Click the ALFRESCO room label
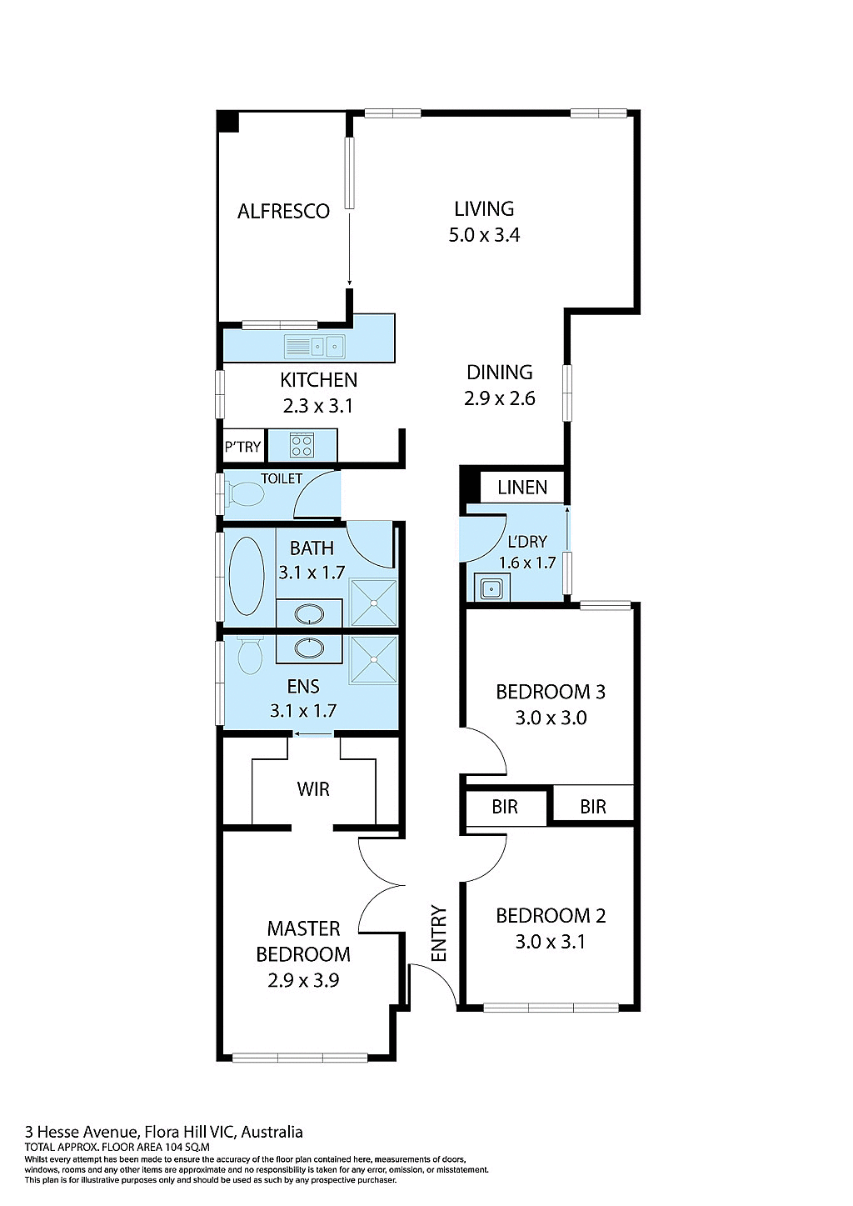point(283,212)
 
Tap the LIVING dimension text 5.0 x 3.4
point(484,235)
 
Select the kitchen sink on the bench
point(314,346)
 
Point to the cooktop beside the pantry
point(302,445)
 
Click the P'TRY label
point(242,447)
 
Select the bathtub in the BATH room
point(247,575)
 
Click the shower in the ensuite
point(373,660)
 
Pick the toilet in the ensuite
point(250,655)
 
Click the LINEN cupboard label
point(522,488)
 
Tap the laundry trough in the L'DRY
point(491,588)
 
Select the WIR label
point(313,789)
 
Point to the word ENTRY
point(439,933)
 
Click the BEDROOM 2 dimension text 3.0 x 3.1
point(550,942)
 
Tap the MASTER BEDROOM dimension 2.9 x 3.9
point(303,981)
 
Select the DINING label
point(499,373)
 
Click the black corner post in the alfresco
point(228,122)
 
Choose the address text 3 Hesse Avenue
point(82,1132)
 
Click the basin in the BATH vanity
point(309,615)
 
